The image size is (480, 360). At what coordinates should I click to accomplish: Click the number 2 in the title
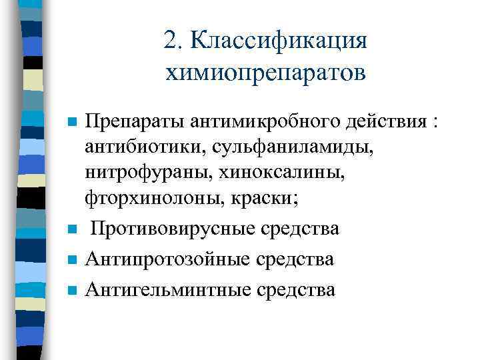pos(170,39)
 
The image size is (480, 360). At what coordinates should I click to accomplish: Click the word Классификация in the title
pos(278,41)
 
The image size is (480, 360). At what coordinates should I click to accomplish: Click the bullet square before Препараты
pos(73,124)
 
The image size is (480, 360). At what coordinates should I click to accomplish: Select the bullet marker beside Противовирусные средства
pos(73,230)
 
